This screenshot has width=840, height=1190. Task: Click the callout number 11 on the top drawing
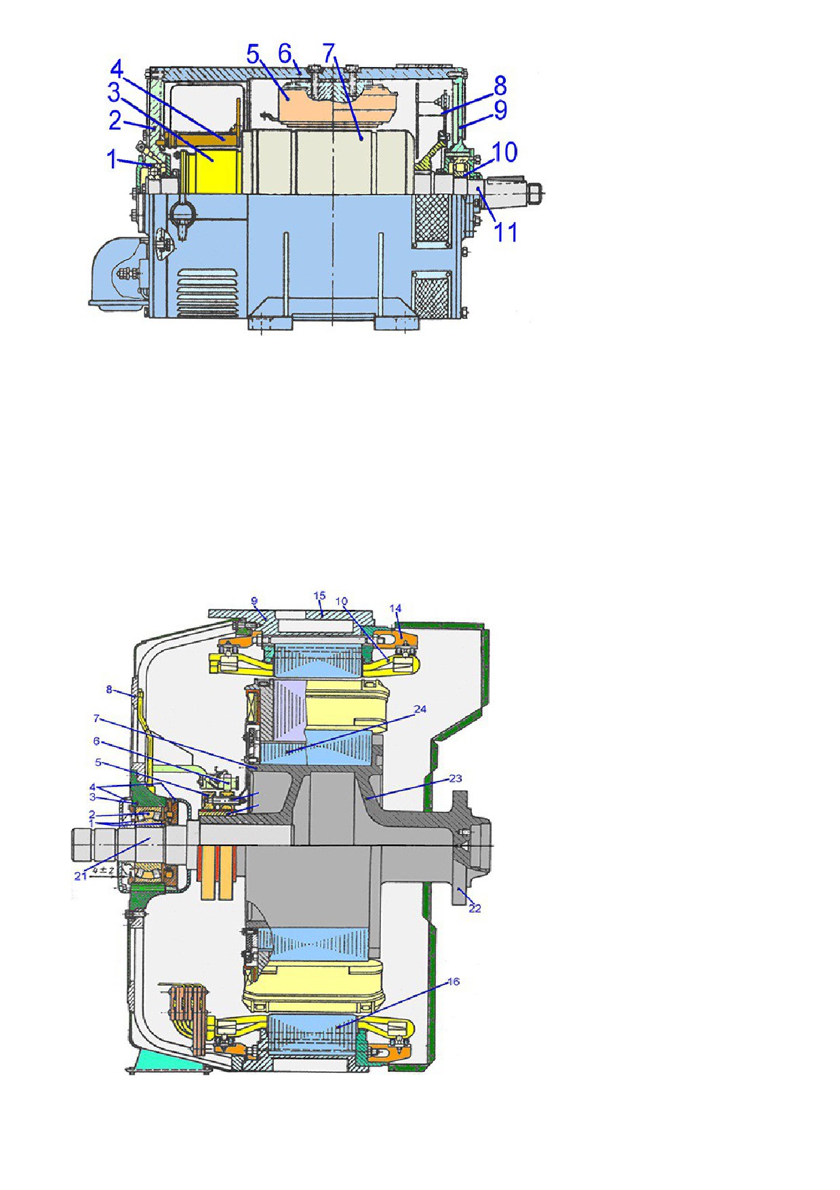point(505,232)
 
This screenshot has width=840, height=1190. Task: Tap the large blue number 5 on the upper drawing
point(254,54)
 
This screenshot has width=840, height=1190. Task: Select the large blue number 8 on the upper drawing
point(500,85)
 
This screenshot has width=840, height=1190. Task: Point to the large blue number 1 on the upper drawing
point(113,160)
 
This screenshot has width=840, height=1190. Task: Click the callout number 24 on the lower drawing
point(420,709)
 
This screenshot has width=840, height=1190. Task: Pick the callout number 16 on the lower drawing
point(454,982)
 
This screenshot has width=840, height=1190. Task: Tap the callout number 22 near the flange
point(475,908)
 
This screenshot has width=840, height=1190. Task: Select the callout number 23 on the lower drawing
point(456,778)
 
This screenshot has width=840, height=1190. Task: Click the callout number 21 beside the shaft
point(81,876)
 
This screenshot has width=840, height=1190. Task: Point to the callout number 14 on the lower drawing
point(395,609)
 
